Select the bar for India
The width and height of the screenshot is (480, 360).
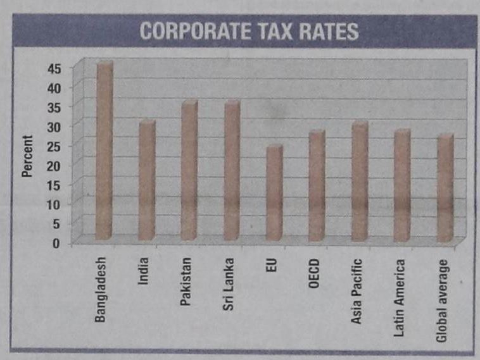[x=147, y=180]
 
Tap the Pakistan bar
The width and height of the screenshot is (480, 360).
[x=189, y=170]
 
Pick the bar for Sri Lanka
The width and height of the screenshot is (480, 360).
[x=232, y=170]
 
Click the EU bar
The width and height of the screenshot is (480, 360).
[x=274, y=193]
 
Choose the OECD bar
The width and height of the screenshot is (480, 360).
[x=317, y=186]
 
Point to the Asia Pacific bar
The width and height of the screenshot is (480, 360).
[x=360, y=182]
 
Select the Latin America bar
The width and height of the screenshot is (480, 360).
[x=402, y=186]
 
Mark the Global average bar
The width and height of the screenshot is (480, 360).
[x=445, y=188]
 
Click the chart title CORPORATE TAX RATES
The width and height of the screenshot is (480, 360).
[x=249, y=32]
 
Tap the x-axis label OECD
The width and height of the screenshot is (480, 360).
[x=315, y=273]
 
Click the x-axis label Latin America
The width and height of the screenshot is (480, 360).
[x=400, y=297]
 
